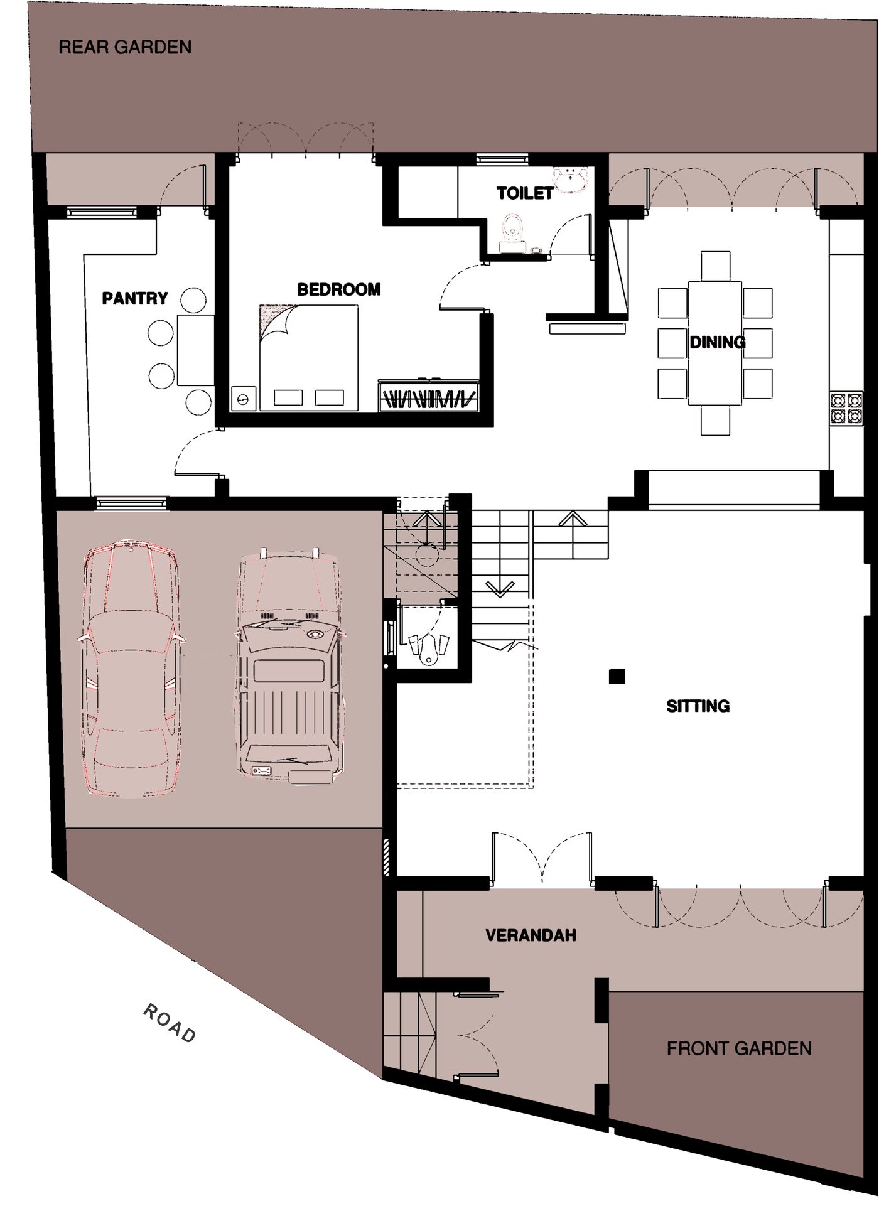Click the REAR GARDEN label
(125, 47)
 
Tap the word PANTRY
(135, 298)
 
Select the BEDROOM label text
(339, 289)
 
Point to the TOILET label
(525, 193)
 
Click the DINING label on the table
(718, 342)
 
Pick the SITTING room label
(698, 706)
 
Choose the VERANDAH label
(531, 935)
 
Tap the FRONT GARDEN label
(739, 1048)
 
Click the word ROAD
(170, 1023)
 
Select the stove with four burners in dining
(838, 409)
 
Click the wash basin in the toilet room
(570, 179)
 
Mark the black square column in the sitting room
(617, 676)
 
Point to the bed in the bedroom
(308, 358)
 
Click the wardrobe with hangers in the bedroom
(429, 395)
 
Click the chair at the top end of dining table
(716, 266)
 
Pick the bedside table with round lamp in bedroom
(244, 399)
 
